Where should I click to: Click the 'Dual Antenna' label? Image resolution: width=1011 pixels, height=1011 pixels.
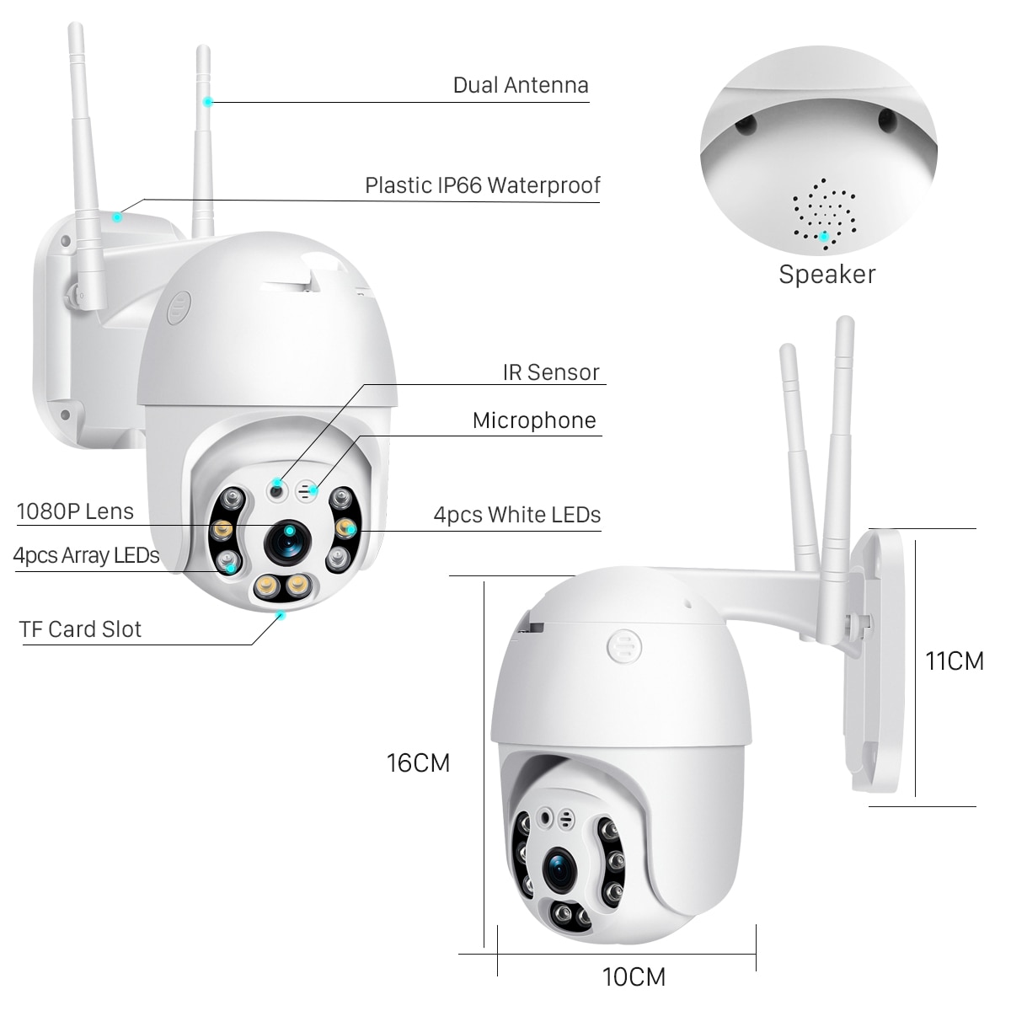pos(521,85)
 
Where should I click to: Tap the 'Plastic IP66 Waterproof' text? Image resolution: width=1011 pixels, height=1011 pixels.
pos(482,185)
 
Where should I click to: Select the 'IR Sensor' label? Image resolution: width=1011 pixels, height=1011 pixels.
pos(551,372)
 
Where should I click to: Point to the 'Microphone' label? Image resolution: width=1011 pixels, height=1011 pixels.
pos(534,421)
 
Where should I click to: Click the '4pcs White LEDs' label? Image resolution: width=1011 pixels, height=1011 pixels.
pos(517,515)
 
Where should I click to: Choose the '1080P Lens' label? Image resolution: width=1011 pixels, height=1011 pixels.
pos(75,511)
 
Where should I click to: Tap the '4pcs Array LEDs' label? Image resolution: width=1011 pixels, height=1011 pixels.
pos(86,556)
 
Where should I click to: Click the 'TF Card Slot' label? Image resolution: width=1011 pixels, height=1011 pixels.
pos(81,629)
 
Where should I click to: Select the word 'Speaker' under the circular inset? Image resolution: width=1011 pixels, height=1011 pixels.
pos(826,275)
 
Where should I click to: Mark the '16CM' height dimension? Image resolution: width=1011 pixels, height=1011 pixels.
pos(418,763)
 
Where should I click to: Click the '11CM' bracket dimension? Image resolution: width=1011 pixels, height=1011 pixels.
pos(954,661)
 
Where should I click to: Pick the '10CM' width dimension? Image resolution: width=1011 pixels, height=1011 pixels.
pos(634,977)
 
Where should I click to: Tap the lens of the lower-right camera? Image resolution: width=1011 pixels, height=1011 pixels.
pos(559,869)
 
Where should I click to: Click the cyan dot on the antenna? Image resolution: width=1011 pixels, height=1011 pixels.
pos(206,101)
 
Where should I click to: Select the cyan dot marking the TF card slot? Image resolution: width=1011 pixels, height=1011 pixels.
pos(281,615)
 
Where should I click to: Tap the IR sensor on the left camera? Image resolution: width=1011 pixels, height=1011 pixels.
pos(277,489)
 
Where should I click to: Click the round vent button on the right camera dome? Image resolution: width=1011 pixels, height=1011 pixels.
pos(623,648)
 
